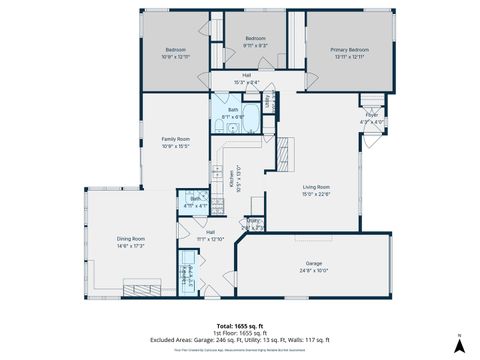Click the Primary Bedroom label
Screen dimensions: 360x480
(x=344, y=49)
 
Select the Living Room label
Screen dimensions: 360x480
(x=317, y=187)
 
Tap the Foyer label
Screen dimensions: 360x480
(x=371, y=116)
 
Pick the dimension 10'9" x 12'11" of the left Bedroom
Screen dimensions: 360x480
(x=176, y=56)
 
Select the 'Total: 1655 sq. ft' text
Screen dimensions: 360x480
(x=240, y=326)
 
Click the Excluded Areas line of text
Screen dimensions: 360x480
(x=240, y=340)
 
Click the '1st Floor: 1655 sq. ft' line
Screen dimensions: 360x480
(x=240, y=333)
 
